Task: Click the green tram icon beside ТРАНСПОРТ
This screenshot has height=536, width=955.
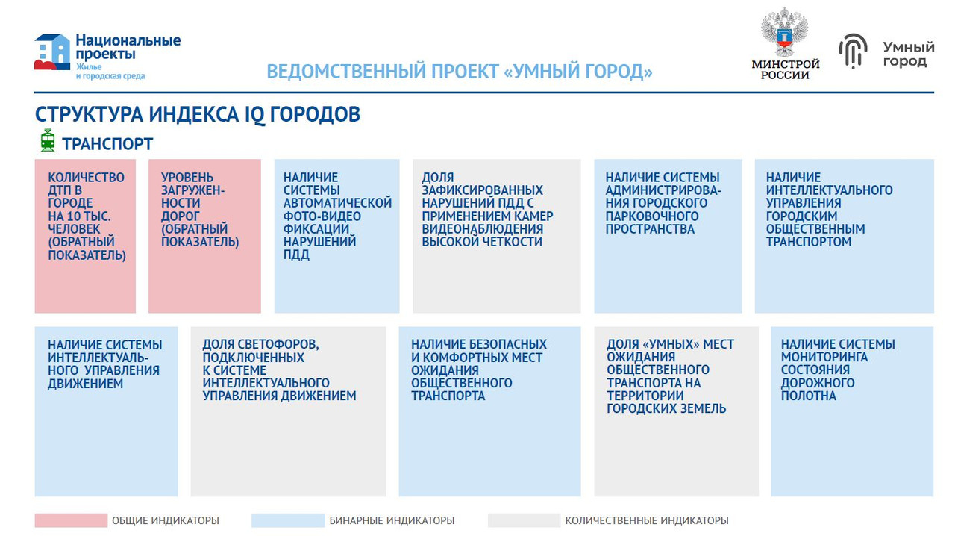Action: tap(48, 141)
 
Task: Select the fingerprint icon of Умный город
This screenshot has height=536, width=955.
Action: tap(853, 52)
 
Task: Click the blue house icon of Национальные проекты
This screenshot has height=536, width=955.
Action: tap(51, 52)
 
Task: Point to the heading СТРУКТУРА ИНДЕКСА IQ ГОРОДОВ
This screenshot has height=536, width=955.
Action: tap(198, 115)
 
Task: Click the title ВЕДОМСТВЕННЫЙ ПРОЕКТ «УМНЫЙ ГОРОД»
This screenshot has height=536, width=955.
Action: tap(460, 72)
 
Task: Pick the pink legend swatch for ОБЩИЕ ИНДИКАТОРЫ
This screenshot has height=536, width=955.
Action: tap(71, 520)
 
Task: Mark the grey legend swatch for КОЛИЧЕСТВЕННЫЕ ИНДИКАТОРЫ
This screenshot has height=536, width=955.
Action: tap(524, 520)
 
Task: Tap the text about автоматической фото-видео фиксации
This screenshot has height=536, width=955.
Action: tap(337, 216)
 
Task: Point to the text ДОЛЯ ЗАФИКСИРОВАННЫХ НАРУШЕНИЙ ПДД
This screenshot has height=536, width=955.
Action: tap(487, 210)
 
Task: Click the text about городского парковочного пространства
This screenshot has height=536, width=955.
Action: tap(663, 203)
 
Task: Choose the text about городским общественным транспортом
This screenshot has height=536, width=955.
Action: tap(829, 210)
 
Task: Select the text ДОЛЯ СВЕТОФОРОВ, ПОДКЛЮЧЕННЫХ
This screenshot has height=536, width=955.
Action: tap(279, 370)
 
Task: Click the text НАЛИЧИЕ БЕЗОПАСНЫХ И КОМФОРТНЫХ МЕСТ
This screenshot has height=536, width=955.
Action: tap(478, 370)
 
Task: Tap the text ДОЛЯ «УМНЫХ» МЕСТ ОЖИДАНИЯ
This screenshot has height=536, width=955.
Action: tap(669, 376)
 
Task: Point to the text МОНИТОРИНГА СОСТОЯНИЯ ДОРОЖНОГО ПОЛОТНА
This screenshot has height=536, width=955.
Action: tap(837, 370)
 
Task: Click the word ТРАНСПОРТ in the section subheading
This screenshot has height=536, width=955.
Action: tap(107, 144)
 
